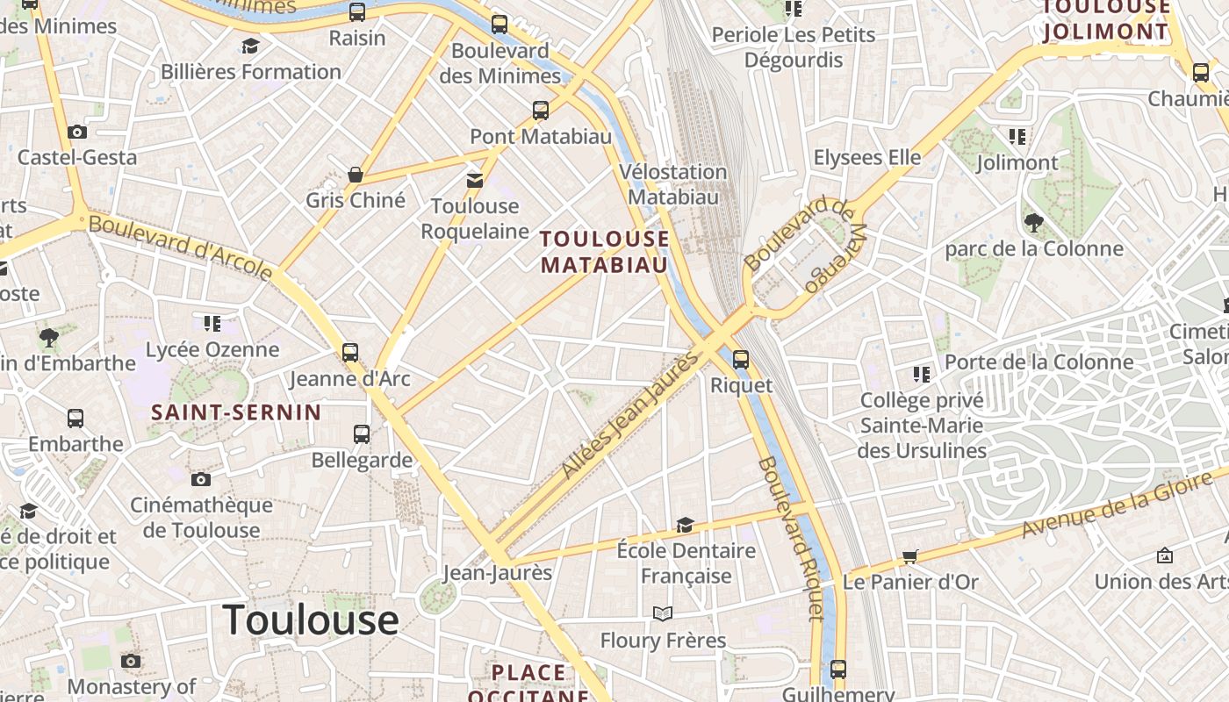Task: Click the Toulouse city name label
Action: point(311,620)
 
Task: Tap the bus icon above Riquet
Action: point(741,359)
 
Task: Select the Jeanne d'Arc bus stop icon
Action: point(350,353)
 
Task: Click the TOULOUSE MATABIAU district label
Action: point(604,252)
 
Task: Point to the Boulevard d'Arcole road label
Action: point(181,248)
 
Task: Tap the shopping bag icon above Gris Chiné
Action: point(356,175)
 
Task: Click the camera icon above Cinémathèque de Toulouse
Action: point(201,479)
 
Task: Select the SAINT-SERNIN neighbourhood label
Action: point(236,412)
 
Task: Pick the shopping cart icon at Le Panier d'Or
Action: point(910,556)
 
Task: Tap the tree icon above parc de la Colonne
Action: point(1033,223)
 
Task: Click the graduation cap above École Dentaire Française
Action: point(685,525)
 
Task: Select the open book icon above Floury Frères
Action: point(663,613)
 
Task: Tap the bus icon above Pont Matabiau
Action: point(541,111)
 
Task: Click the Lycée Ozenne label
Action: point(212,349)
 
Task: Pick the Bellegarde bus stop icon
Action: point(362,433)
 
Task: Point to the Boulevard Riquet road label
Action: point(792,538)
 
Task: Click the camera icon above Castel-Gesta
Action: point(77,133)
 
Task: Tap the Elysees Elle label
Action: point(867,158)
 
